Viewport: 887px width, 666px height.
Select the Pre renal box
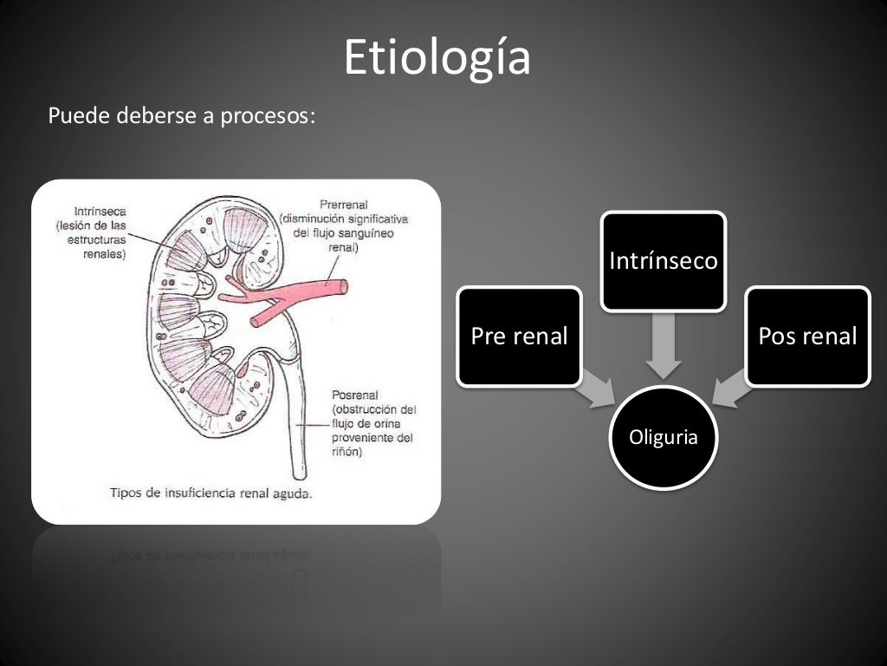(x=519, y=336)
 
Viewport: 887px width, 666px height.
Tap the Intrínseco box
(x=664, y=261)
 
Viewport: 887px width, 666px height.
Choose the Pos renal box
(x=807, y=336)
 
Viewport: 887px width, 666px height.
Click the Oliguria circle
(x=664, y=438)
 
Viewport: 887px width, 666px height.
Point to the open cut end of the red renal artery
(x=343, y=284)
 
